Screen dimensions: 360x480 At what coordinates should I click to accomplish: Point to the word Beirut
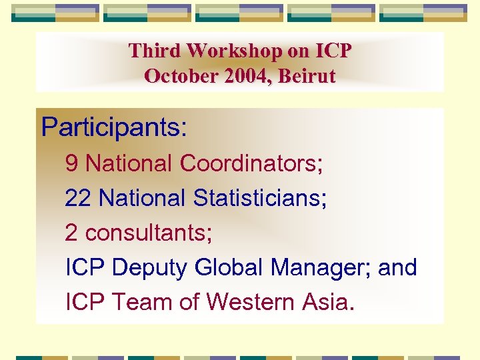tap(306, 76)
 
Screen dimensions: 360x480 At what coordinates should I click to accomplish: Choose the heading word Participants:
tap(114, 127)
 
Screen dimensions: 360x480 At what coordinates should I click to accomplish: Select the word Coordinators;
tap(251, 163)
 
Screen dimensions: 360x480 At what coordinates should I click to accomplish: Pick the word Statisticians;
tap(260, 198)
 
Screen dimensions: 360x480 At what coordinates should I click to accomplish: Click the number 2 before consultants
tap(72, 233)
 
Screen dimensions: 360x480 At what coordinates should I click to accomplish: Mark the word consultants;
tap(149, 233)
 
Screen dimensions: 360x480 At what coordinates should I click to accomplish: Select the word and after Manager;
tap(397, 268)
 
